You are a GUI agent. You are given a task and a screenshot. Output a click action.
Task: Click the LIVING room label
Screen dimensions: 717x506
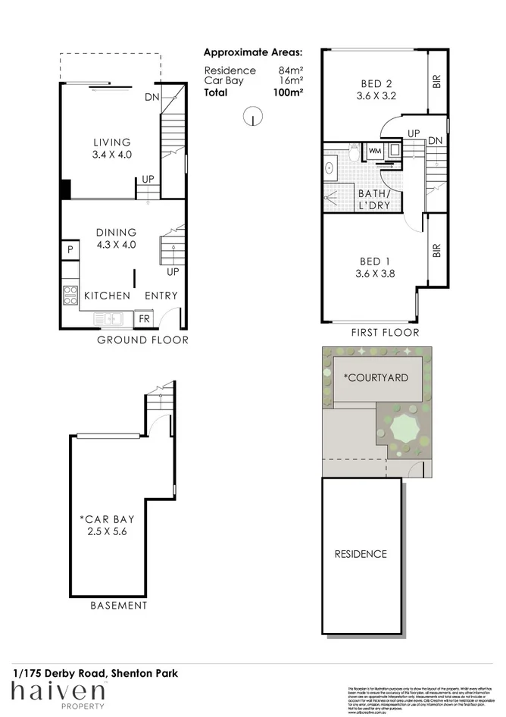coord(112,142)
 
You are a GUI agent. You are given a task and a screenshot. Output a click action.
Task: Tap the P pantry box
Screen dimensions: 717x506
coord(70,249)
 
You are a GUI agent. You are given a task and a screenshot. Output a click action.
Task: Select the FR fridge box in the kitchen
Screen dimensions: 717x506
coord(144,318)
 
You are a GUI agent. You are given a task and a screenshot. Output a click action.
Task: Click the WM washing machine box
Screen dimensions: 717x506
coord(374,152)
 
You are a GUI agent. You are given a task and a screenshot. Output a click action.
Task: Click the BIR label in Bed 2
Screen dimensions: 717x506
coord(436,82)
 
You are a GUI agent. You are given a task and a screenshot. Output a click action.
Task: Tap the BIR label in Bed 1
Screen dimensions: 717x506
coord(436,251)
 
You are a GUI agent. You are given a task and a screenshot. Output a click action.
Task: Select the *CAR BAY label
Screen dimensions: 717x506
coord(108,520)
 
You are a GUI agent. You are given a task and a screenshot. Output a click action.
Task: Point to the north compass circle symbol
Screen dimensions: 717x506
coord(252,116)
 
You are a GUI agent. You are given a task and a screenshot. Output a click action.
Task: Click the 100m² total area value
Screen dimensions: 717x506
coord(288,92)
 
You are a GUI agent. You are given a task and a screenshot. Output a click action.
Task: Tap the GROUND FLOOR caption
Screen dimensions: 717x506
coord(142,340)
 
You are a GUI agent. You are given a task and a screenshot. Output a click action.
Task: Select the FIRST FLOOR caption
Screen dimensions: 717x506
coord(385,333)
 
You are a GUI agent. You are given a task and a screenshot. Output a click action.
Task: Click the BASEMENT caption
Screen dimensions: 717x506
coord(118,606)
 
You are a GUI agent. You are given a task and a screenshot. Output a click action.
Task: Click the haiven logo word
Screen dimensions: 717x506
coord(58,690)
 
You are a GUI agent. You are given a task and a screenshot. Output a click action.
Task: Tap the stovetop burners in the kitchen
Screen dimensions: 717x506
coord(70,294)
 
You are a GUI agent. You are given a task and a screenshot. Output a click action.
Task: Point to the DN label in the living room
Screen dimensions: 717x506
coord(151,97)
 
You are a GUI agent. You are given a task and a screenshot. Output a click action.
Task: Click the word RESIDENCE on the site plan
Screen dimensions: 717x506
coord(361,554)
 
